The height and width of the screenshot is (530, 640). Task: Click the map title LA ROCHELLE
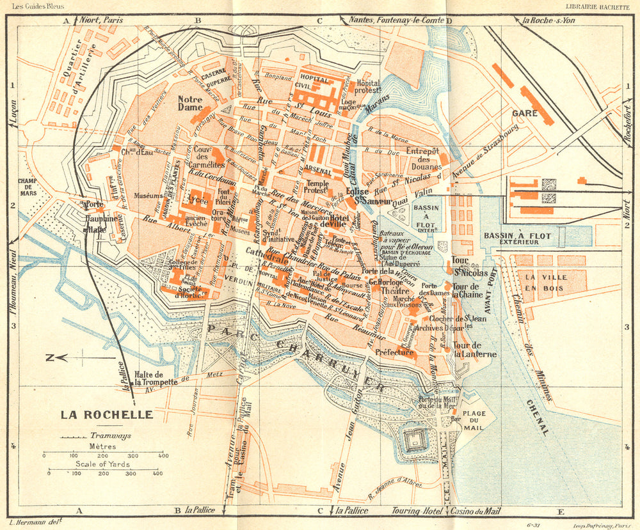click(107, 414)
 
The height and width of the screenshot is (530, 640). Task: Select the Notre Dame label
click(190, 104)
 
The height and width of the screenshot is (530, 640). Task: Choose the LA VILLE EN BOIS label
click(538, 283)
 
